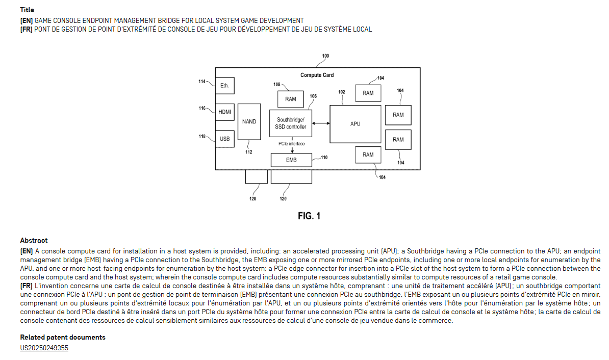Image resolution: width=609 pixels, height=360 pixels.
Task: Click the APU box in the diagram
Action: pos(355,124)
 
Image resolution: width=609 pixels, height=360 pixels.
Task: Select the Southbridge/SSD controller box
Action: pos(291,123)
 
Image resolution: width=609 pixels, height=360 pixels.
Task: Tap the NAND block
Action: pos(249,121)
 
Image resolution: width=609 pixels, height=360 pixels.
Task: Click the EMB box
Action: pos(291,160)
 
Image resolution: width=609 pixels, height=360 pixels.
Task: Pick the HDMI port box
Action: pos(224,112)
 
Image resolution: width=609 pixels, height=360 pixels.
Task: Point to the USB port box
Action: pos(224,139)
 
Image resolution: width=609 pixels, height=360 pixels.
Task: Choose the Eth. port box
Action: pos(224,86)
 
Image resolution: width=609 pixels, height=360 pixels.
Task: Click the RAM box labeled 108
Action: pos(291,99)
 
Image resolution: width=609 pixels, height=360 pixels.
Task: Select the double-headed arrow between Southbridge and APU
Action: pos(321,123)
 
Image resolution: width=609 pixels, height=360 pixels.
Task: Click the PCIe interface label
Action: pos(291,144)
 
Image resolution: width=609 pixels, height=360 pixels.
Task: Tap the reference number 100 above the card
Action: pos(325,56)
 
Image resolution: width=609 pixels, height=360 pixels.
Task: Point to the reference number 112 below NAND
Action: pos(249,152)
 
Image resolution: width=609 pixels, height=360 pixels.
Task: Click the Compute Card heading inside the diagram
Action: pos(317,75)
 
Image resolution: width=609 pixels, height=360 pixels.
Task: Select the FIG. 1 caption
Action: pos(309,216)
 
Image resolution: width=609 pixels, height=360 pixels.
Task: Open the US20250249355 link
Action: pos(44,348)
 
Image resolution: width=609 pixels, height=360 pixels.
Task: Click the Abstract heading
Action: pos(34,240)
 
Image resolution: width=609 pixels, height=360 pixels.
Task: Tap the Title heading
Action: pos(27,10)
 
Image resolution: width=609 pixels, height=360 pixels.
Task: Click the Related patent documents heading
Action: pos(63,337)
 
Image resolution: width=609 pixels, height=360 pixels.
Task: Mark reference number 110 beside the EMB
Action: pos(324,158)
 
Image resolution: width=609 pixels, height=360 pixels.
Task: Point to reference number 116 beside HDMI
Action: pos(202,108)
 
